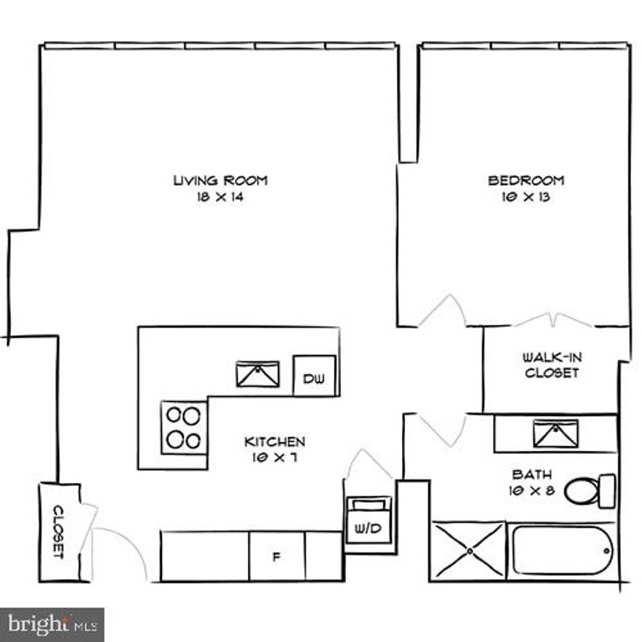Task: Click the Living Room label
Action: (x=220, y=180)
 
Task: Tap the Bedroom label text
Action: (x=526, y=180)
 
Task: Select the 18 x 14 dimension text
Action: (x=220, y=197)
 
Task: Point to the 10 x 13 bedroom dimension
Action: (x=526, y=197)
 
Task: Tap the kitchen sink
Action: (x=258, y=373)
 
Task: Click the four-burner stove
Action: (x=183, y=428)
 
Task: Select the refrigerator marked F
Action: (x=276, y=557)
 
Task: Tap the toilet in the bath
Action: (x=587, y=492)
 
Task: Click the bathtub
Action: (x=562, y=551)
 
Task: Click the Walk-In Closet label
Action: (x=552, y=365)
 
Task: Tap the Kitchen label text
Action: (x=274, y=441)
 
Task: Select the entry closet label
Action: (x=58, y=532)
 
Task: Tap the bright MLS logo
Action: (x=51, y=624)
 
